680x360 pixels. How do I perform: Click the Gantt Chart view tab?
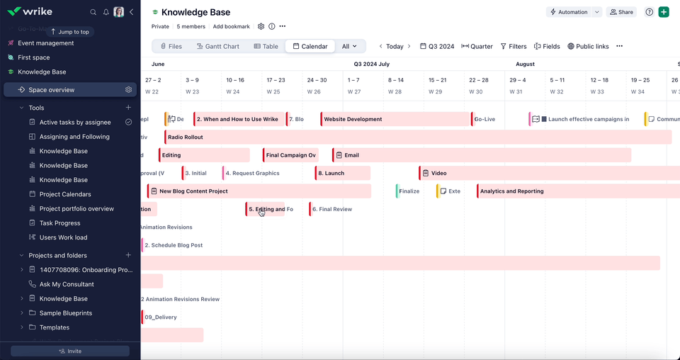pos(217,46)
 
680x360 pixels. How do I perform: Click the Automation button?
pos(569,12)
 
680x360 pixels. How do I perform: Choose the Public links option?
pos(587,46)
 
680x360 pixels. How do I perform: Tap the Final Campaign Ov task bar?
pos(290,155)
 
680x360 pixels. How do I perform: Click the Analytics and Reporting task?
pos(538,191)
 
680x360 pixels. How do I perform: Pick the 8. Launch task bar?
pos(342,173)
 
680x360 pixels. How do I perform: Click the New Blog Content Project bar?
pos(259,191)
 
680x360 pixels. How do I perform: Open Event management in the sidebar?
pos(45,43)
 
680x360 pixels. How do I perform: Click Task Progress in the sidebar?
pos(59,223)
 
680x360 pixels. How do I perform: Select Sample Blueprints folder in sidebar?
pos(65,313)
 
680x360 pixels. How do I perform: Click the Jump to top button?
pos(70,32)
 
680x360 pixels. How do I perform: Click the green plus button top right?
pos(663,12)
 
